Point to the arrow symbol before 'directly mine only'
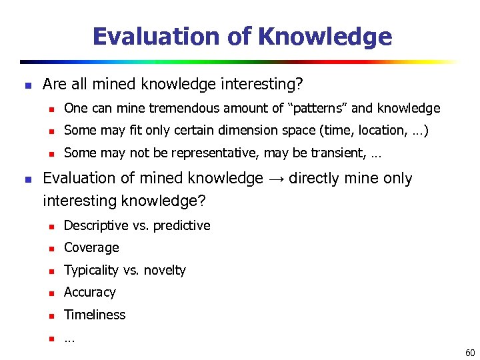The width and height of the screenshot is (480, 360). [276, 179]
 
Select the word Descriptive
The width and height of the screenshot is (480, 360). [97, 225]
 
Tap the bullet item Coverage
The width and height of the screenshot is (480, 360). [91, 247]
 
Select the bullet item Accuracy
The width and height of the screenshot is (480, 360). [90, 292]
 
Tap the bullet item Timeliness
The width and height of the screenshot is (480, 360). [95, 315]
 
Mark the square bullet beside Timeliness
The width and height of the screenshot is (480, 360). [50, 315]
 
